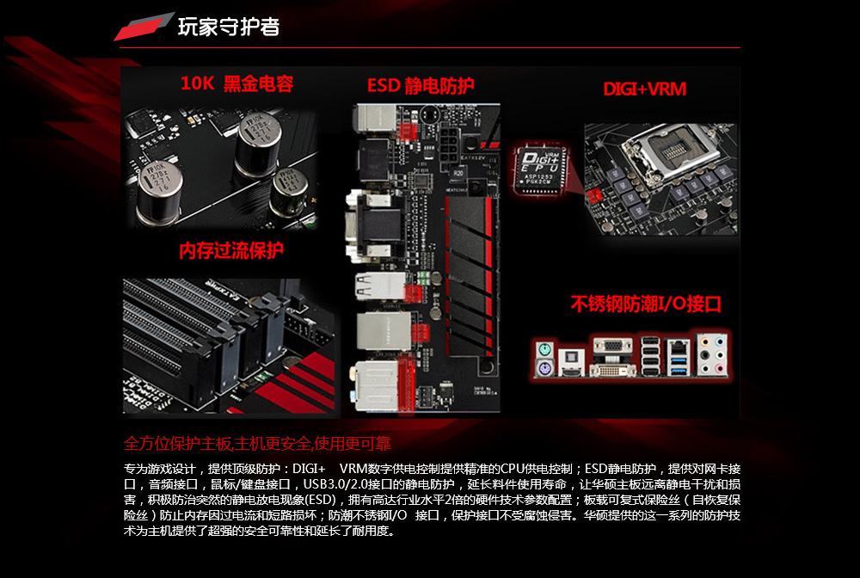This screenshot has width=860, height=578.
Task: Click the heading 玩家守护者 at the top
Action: [x=228, y=27]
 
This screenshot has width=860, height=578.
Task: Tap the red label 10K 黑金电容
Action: [x=236, y=83]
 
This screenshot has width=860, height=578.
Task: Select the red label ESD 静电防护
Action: [x=421, y=85]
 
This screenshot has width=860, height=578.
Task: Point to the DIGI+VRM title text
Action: [x=644, y=89]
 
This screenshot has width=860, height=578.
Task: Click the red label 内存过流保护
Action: [x=231, y=250]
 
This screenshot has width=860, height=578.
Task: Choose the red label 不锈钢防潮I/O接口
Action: [x=646, y=304]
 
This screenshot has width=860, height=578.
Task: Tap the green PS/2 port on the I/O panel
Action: [x=544, y=348]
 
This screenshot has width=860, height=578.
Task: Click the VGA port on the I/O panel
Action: [x=613, y=347]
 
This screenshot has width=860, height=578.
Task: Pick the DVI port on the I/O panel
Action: [x=612, y=370]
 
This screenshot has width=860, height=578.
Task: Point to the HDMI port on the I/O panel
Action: [x=570, y=370]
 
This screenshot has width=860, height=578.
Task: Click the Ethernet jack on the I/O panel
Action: [x=679, y=347]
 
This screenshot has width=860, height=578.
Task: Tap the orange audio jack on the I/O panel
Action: [x=706, y=341]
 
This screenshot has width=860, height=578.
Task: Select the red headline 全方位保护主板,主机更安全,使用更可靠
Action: [x=257, y=444]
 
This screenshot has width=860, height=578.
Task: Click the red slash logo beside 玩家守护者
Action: [x=144, y=28]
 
